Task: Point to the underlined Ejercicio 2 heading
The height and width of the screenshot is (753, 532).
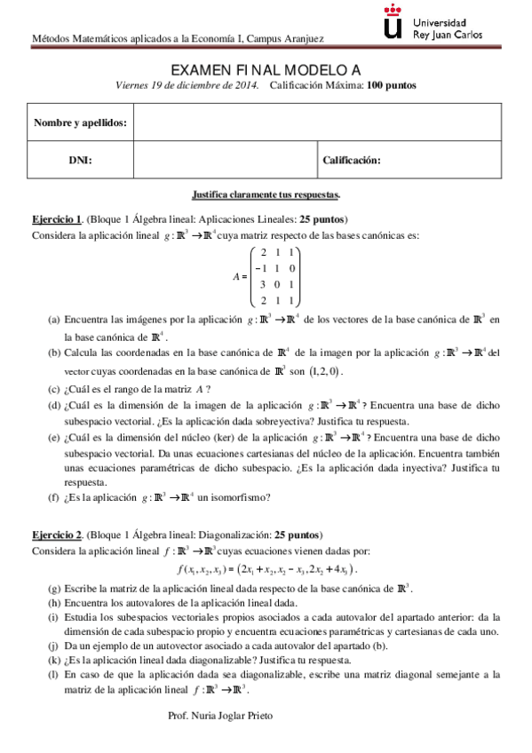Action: (57, 535)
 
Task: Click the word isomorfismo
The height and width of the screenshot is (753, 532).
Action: (266, 497)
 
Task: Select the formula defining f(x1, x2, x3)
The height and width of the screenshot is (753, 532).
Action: (266, 569)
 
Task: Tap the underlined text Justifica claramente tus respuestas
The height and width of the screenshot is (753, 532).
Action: (266, 194)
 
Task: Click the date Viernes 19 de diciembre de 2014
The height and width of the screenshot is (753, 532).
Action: (187, 85)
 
